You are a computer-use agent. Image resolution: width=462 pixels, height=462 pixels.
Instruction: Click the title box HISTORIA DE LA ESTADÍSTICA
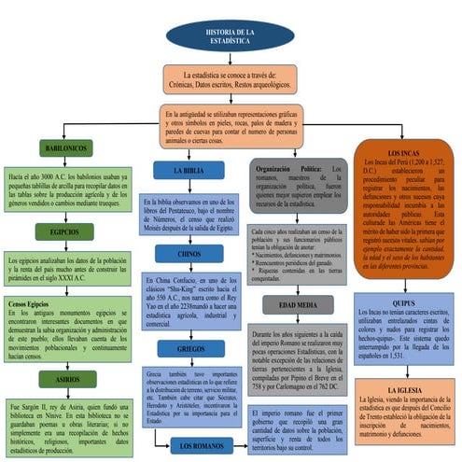point(230,38)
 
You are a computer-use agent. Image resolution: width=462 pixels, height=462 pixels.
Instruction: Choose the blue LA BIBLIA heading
point(190,172)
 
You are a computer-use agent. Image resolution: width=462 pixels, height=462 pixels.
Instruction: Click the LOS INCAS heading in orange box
point(405,152)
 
